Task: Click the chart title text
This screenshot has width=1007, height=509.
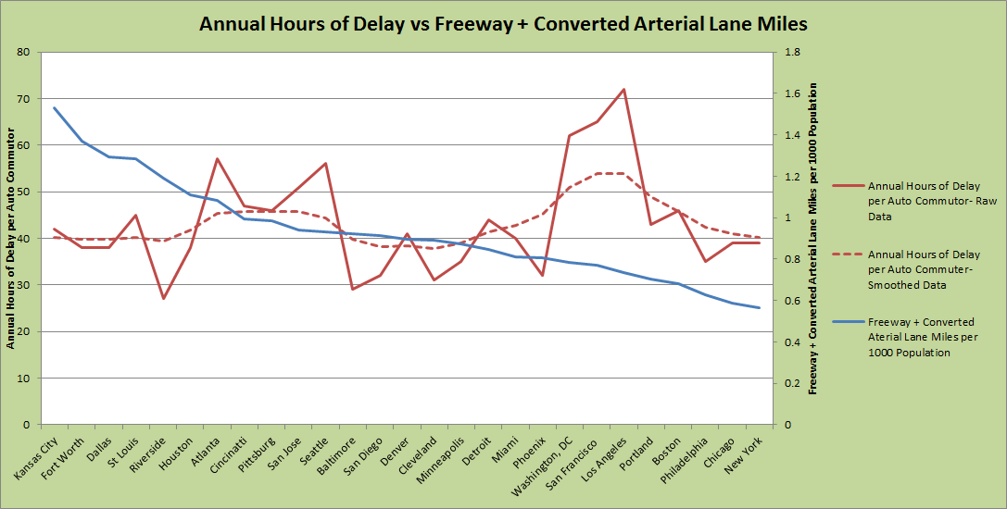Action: [x=503, y=24]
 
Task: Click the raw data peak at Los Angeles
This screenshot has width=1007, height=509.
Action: [x=623, y=90]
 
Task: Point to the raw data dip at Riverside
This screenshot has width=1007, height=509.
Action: [x=164, y=298]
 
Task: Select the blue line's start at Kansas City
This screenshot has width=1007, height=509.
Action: [x=55, y=107]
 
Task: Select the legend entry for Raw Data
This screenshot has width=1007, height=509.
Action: [x=922, y=202]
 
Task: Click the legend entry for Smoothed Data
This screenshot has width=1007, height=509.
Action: [x=922, y=269]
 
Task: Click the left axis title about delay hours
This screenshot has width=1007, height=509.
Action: [x=12, y=239]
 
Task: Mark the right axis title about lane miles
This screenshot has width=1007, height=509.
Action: [x=813, y=239]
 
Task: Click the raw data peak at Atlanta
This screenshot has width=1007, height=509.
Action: [x=217, y=159]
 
